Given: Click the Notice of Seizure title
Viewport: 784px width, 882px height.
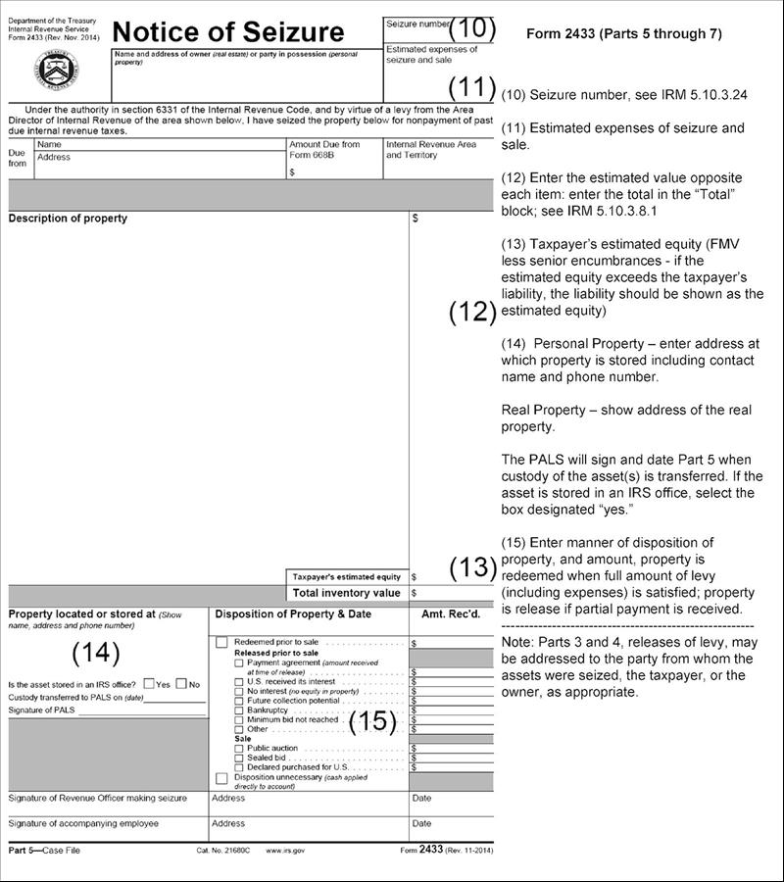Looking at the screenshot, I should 228,32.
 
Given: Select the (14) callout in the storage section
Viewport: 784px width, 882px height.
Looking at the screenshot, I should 96,652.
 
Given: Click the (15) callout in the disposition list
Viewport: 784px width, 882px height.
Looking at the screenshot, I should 374,722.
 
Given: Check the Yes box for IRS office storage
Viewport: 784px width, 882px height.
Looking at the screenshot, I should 149,684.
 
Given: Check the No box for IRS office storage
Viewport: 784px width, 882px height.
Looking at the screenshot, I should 181,684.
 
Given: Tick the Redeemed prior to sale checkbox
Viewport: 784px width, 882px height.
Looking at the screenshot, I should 221,642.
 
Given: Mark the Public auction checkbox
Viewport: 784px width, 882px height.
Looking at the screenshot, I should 239,748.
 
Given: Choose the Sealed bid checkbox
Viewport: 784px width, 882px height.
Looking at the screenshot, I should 239,758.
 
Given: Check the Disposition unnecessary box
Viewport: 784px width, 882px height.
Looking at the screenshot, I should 221,778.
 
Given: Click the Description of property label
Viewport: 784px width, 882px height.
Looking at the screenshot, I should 68,218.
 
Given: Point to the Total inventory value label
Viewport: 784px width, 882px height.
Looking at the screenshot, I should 347,593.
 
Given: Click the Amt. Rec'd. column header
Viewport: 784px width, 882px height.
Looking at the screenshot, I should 451,614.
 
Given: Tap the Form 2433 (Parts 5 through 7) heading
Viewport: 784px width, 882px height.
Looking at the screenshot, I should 623,33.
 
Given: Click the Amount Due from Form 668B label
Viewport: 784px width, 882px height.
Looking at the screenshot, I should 324,149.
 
